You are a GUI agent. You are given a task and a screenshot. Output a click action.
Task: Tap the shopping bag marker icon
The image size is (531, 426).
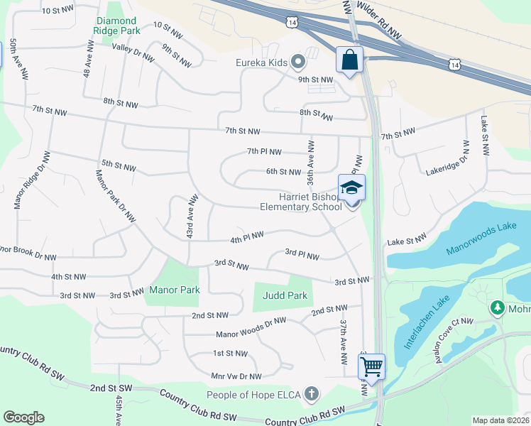[x=350, y=60]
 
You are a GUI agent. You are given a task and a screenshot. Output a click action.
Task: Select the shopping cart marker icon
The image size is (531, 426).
[x=371, y=366]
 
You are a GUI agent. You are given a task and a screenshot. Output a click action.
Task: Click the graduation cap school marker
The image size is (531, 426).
[x=351, y=188]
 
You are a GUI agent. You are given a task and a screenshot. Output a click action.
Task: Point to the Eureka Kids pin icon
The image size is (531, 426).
[x=299, y=62]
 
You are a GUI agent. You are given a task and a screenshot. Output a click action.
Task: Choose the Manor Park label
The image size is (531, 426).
[x=175, y=290]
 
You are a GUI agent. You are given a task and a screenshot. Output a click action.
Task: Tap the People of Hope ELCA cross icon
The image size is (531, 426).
[x=311, y=394]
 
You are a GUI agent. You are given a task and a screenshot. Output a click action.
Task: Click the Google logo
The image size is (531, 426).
[x=23, y=417]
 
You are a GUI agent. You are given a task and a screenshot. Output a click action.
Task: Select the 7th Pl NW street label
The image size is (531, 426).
[x=264, y=151]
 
